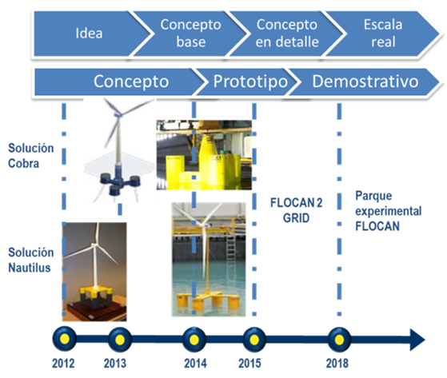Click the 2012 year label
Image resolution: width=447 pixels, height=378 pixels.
63,364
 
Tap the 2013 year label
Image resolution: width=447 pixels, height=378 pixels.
115,364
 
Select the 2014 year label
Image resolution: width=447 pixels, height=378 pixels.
195,364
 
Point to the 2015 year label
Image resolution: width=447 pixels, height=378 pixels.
249,364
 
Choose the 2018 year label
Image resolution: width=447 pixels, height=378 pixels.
337,364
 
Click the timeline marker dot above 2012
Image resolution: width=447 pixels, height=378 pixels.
65,339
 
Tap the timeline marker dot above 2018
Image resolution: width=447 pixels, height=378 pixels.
339,340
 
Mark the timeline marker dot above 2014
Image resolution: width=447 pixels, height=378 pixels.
194,340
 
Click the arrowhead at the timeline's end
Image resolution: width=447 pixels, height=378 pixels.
417,340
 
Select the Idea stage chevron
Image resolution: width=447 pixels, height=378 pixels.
91,34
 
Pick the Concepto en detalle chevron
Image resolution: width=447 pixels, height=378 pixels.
286,34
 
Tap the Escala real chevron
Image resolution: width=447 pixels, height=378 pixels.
382,34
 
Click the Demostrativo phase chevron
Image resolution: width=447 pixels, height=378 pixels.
365,82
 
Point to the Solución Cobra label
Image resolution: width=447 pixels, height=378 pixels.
31,156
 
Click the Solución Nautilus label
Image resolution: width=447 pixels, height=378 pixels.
31,260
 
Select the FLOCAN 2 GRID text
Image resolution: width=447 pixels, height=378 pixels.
296,210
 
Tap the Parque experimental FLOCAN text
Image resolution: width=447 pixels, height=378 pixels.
389,211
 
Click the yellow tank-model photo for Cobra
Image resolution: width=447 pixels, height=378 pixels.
204,155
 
